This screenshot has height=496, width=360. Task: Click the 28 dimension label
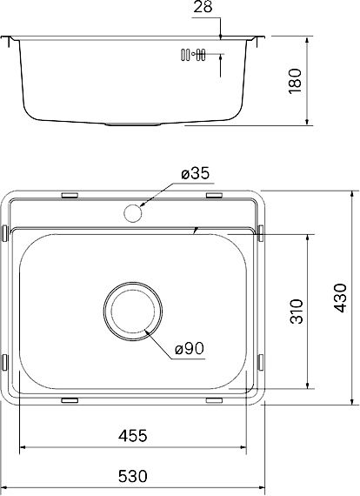(203, 7)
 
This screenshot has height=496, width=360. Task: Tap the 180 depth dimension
(296, 81)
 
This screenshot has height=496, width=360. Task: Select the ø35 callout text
(196, 174)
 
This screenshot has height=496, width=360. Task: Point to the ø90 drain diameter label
(190, 349)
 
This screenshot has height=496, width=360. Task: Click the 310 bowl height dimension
(297, 312)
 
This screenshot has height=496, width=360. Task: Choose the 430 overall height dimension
(341, 298)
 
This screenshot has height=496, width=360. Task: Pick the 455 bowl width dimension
(133, 436)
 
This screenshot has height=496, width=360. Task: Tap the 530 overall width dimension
(133, 476)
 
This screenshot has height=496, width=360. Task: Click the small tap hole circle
(133, 213)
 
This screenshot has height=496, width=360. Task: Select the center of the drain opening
(133, 312)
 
